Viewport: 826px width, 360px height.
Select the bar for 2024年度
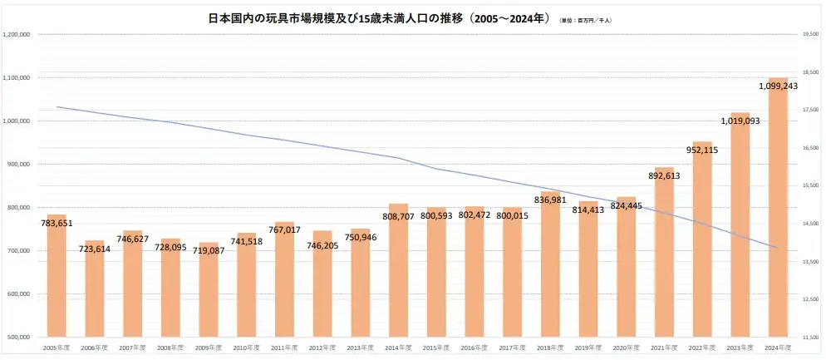pos(778,208)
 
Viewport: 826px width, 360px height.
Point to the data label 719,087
pos(208,250)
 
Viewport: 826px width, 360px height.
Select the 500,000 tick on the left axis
pos(18,338)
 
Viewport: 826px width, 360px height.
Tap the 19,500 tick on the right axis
pos(810,34)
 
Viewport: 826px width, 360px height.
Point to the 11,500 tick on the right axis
pos(810,338)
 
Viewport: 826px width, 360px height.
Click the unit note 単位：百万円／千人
pos(588,19)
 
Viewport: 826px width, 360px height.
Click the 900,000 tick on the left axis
pos(18,165)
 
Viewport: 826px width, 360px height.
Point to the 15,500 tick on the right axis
pos(810,186)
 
